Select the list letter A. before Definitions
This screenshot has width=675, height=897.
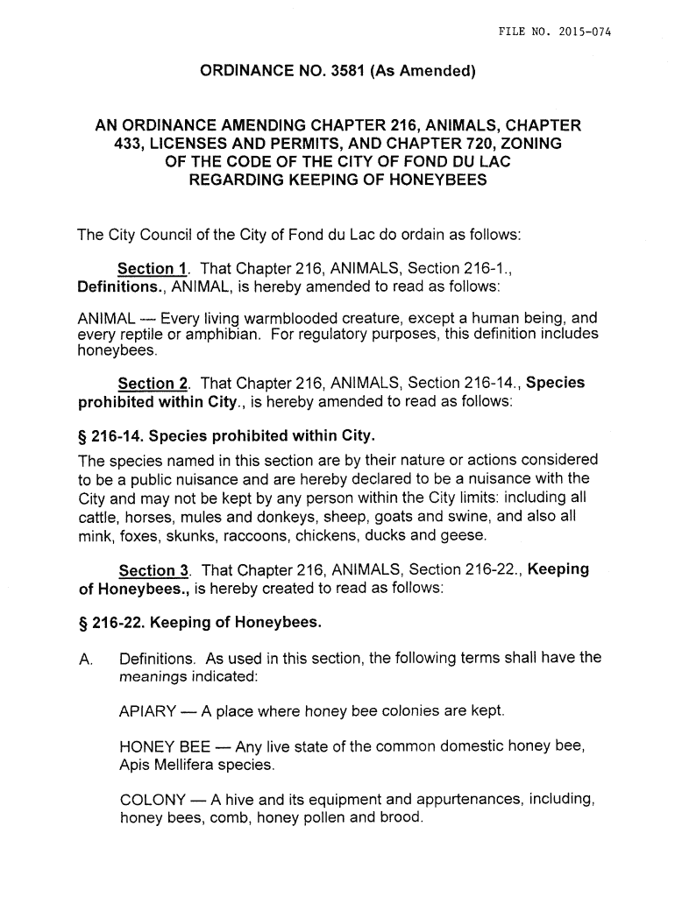point(85,659)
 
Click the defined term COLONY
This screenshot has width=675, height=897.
point(152,801)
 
